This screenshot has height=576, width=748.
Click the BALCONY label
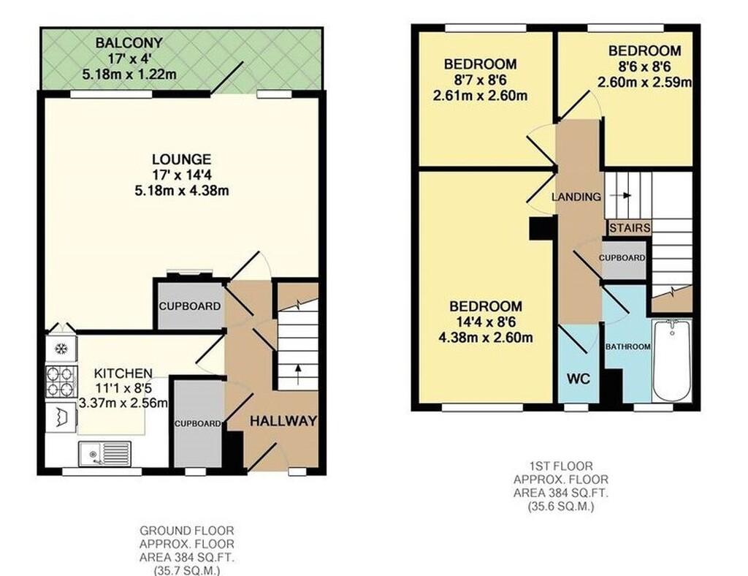[x=129, y=43]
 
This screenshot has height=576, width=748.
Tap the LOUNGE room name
[x=181, y=159]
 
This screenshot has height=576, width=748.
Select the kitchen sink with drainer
[x=105, y=453]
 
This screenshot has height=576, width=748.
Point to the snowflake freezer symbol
[x=61, y=349]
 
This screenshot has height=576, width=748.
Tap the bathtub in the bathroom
[x=672, y=361]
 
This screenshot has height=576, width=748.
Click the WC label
[x=579, y=379]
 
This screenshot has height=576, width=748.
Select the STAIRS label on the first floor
[x=630, y=228]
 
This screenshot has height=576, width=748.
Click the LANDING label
[x=576, y=197]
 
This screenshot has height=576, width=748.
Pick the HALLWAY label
[x=283, y=421]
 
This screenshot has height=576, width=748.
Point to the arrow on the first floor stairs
[x=620, y=196]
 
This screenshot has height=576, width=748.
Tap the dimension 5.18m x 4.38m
[x=182, y=191]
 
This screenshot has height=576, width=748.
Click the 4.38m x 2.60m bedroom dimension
[x=486, y=338]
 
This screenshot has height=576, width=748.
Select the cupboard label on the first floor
[x=622, y=258]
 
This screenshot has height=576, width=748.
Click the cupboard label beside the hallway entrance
[x=197, y=424]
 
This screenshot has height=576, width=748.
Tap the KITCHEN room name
[x=123, y=374]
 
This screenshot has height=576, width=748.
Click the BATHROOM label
[x=627, y=347]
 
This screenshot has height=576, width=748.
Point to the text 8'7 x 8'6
[x=481, y=80]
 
